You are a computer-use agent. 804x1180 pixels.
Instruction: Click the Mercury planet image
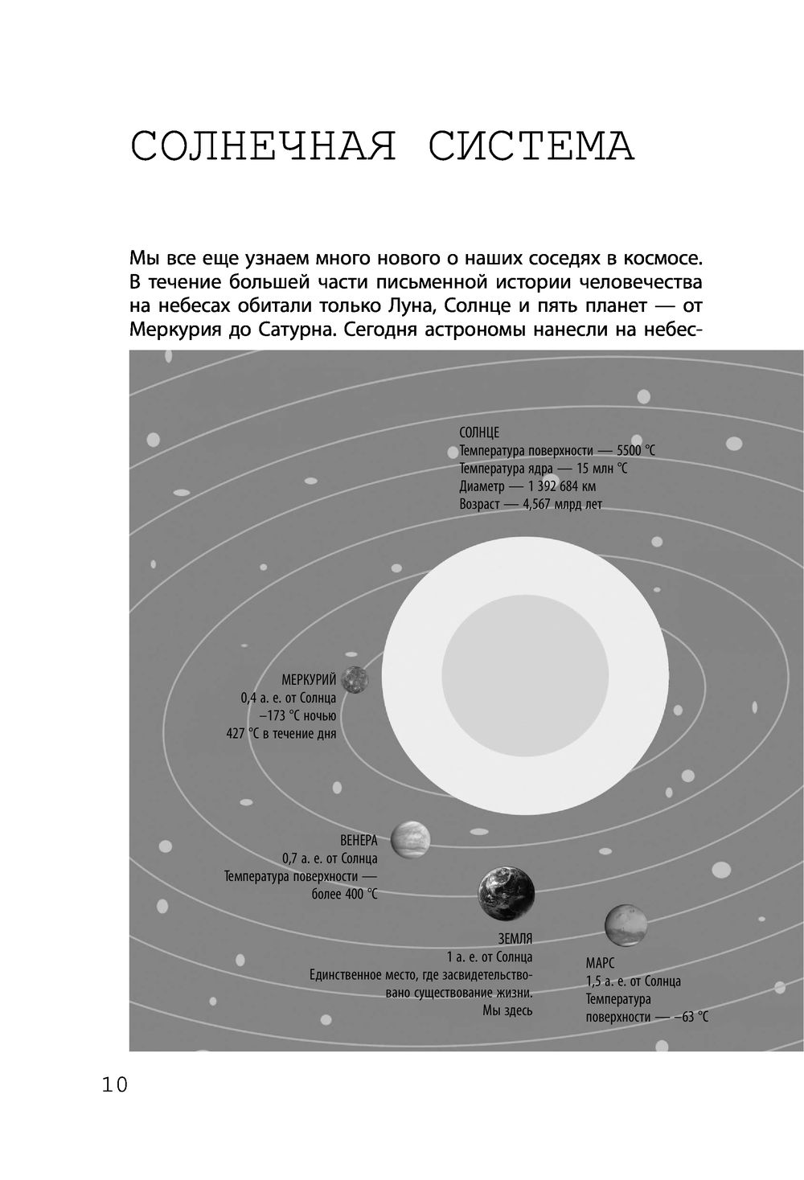click(354, 680)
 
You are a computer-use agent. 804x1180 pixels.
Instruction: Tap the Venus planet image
click(411, 839)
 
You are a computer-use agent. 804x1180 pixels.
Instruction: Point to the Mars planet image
click(630, 927)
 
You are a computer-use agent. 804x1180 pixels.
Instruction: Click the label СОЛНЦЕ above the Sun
click(479, 432)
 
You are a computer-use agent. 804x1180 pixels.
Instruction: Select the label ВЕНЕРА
click(359, 841)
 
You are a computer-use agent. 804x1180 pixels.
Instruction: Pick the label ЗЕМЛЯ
click(515, 940)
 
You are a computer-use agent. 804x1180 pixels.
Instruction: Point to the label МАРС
click(601, 963)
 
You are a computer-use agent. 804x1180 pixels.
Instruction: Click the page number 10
click(114, 1085)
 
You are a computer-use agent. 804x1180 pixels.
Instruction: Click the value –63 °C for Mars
click(691, 1017)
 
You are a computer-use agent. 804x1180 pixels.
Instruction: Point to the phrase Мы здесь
click(507, 1010)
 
